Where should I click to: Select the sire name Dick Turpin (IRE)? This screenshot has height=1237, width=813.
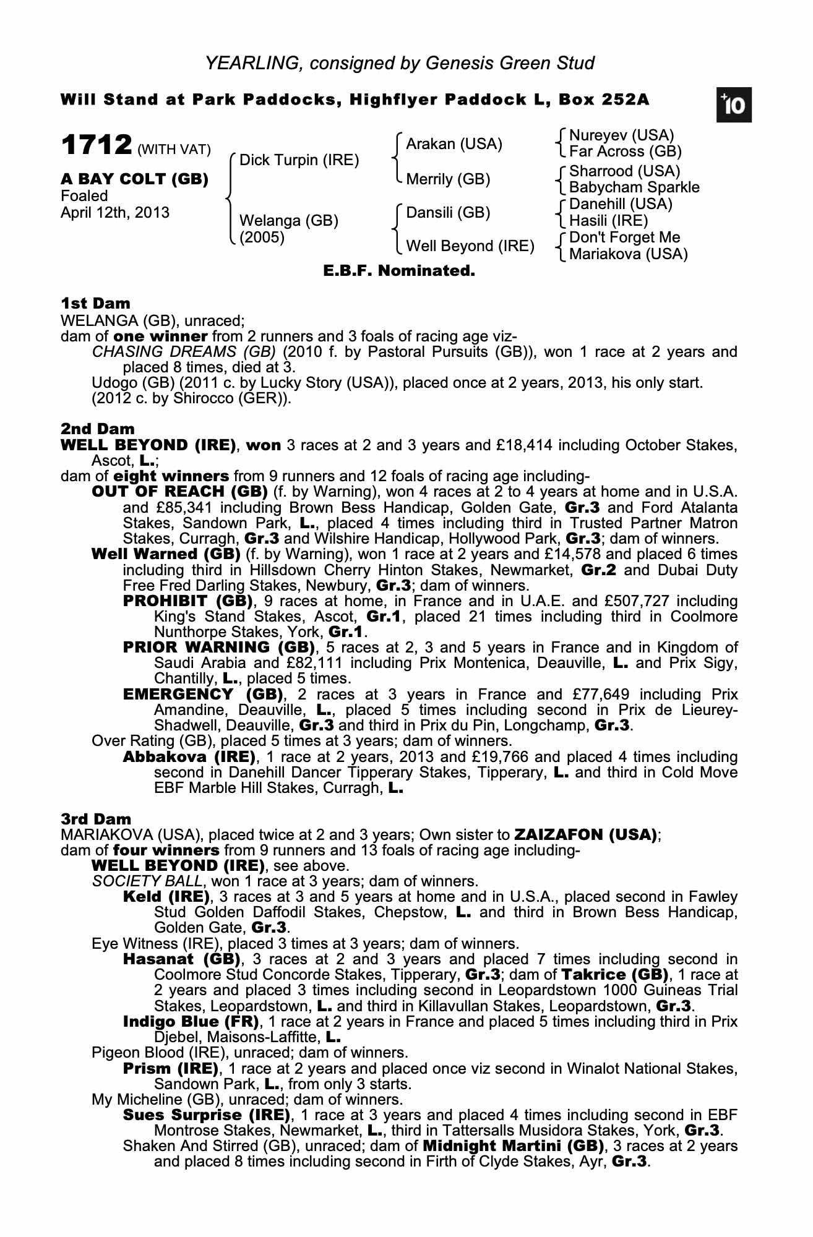(299, 160)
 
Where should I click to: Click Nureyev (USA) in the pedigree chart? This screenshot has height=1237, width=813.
(621, 135)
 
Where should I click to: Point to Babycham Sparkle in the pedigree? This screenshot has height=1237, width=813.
(634, 187)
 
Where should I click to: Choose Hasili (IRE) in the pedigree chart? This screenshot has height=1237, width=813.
(608, 221)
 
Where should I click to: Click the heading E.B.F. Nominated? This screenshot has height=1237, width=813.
(399, 270)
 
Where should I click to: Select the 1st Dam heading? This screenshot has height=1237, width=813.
(95, 303)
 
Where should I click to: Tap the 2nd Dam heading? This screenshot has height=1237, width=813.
(97, 429)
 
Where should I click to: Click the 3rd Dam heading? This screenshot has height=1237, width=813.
(96, 819)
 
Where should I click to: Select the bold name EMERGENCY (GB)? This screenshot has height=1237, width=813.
(203, 695)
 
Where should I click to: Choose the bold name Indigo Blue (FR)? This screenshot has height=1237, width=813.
(191, 1021)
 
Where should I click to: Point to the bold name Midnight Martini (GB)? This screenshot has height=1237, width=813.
(514, 1146)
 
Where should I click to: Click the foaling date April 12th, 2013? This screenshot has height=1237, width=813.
(114, 213)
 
